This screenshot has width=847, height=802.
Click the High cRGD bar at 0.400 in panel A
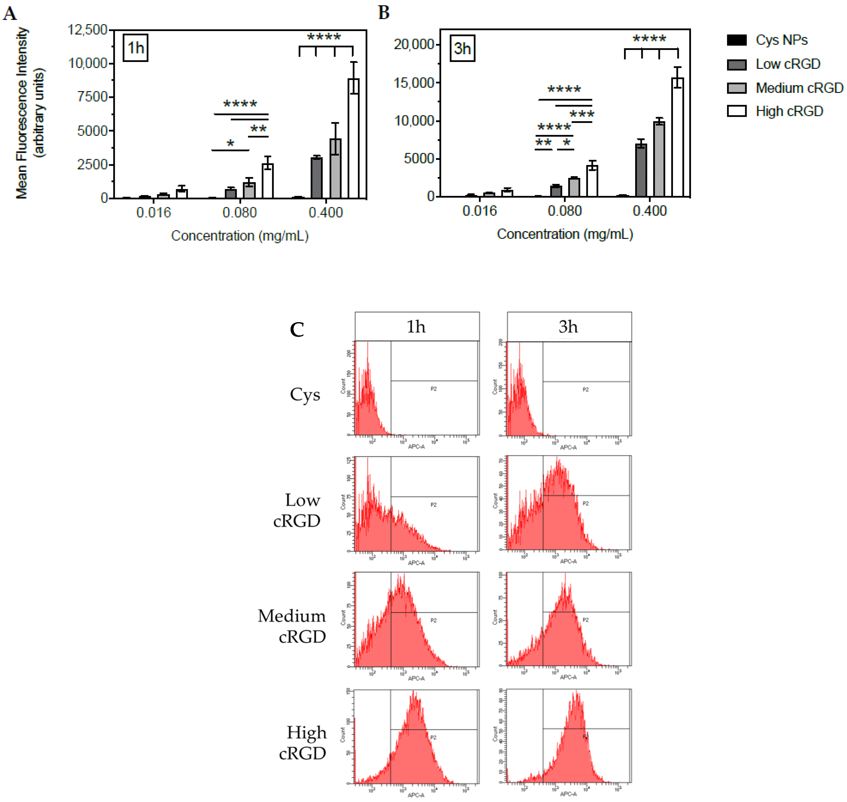tap(353, 139)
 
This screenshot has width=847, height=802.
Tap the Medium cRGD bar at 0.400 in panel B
tap(659, 159)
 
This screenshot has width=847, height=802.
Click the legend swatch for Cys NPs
tap(736, 40)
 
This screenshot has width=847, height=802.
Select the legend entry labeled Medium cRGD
tap(799, 88)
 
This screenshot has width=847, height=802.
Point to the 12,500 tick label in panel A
tap(88, 30)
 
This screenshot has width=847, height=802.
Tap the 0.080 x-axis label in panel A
tap(239, 212)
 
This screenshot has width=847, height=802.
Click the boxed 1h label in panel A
tap(136, 48)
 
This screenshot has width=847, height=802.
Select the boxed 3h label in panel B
tap(462, 48)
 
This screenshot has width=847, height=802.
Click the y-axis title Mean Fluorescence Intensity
tap(22, 113)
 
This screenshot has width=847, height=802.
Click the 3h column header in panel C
tap(568, 327)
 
